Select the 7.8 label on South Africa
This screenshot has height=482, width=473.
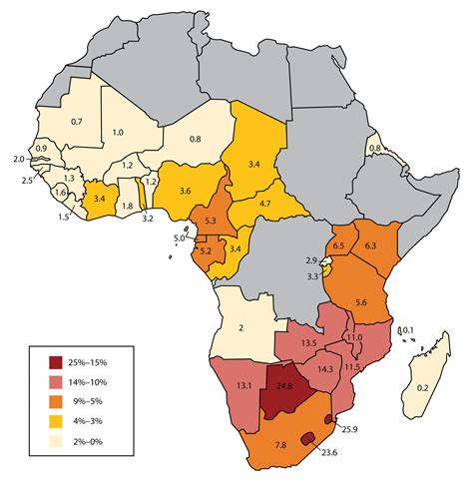281,443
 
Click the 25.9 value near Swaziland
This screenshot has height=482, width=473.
347,429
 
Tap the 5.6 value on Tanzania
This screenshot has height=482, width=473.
362,302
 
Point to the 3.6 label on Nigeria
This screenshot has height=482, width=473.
186,192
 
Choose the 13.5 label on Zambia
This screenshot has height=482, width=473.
308,343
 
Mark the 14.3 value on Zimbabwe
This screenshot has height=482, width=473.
323,368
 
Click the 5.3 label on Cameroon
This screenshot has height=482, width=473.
210,219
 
